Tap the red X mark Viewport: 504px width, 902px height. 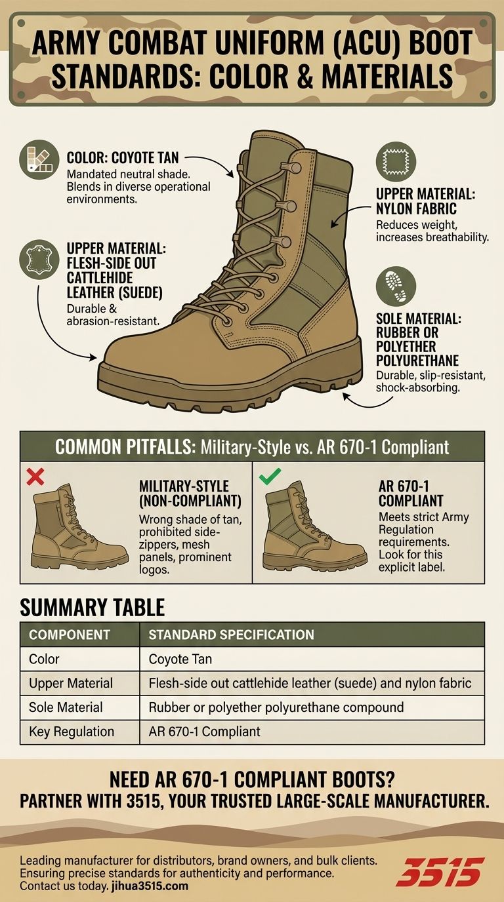(35, 477)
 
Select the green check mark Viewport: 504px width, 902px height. (266, 477)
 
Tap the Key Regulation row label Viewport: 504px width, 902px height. (72, 732)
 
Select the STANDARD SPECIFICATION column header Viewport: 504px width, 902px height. (231, 635)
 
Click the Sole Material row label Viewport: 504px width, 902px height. (66, 707)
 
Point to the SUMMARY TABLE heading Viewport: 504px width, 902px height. (92, 608)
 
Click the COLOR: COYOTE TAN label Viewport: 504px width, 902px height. (123, 158)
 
